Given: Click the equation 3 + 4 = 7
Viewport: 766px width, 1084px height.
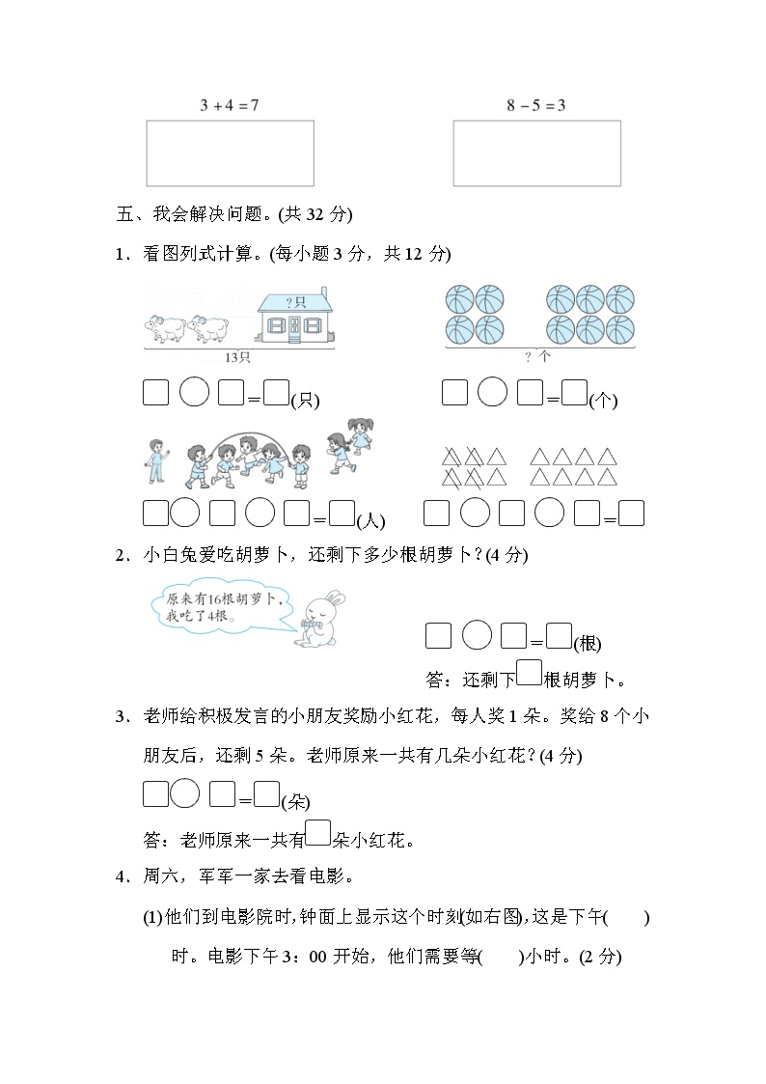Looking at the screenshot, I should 229,105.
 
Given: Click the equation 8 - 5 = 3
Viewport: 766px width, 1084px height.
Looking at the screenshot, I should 535,105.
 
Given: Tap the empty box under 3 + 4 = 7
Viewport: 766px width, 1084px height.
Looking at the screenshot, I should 230,153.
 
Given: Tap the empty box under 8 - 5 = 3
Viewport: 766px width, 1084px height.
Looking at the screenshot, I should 536,153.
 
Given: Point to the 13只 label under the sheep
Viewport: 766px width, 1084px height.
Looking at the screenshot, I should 237,357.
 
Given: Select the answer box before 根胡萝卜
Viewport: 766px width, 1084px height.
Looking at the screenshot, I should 529,672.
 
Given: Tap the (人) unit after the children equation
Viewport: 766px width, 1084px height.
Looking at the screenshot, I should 370,522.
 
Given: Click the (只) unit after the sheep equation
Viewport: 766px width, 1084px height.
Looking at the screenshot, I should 306,401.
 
